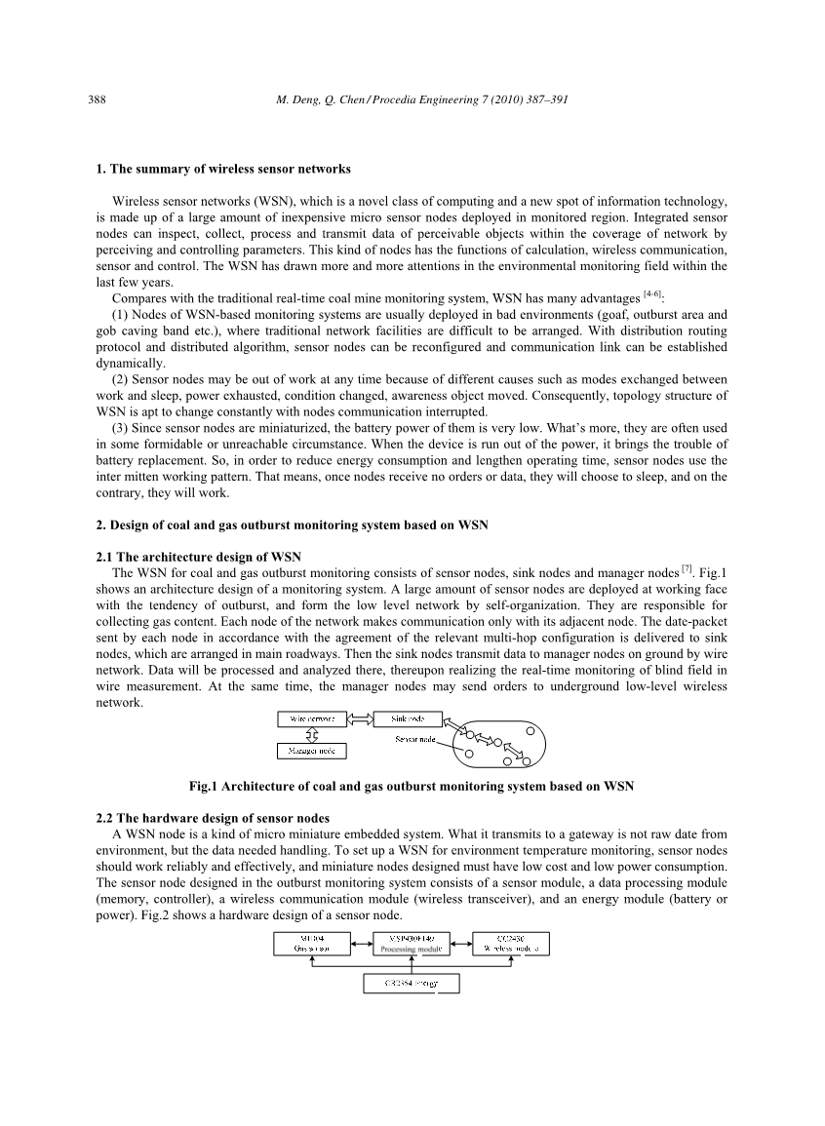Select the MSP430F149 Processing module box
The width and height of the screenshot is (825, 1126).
coord(411,943)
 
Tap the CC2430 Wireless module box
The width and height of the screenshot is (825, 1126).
coord(510,943)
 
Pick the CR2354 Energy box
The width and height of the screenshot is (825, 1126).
coord(411,984)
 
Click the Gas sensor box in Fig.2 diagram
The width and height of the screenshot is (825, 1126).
coord(311,943)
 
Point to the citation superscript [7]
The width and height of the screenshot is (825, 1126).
coord(687,567)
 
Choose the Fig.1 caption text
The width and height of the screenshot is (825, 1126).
coord(412,785)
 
